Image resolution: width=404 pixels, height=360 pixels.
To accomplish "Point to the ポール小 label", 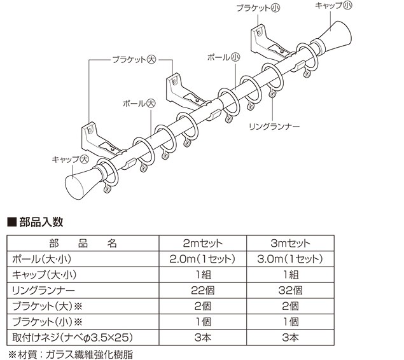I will pyautogui.click(x=223, y=57).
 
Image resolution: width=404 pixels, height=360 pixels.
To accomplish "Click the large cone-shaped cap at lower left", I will pyautogui.click(x=81, y=183).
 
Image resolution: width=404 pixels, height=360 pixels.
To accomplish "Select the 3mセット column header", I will pyautogui.click(x=289, y=244).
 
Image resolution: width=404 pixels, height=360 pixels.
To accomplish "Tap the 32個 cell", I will pyautogui.click(x=289, y=289).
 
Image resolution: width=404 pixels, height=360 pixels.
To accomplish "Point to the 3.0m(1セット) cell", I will pyautogui.click(x=289, y=259).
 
